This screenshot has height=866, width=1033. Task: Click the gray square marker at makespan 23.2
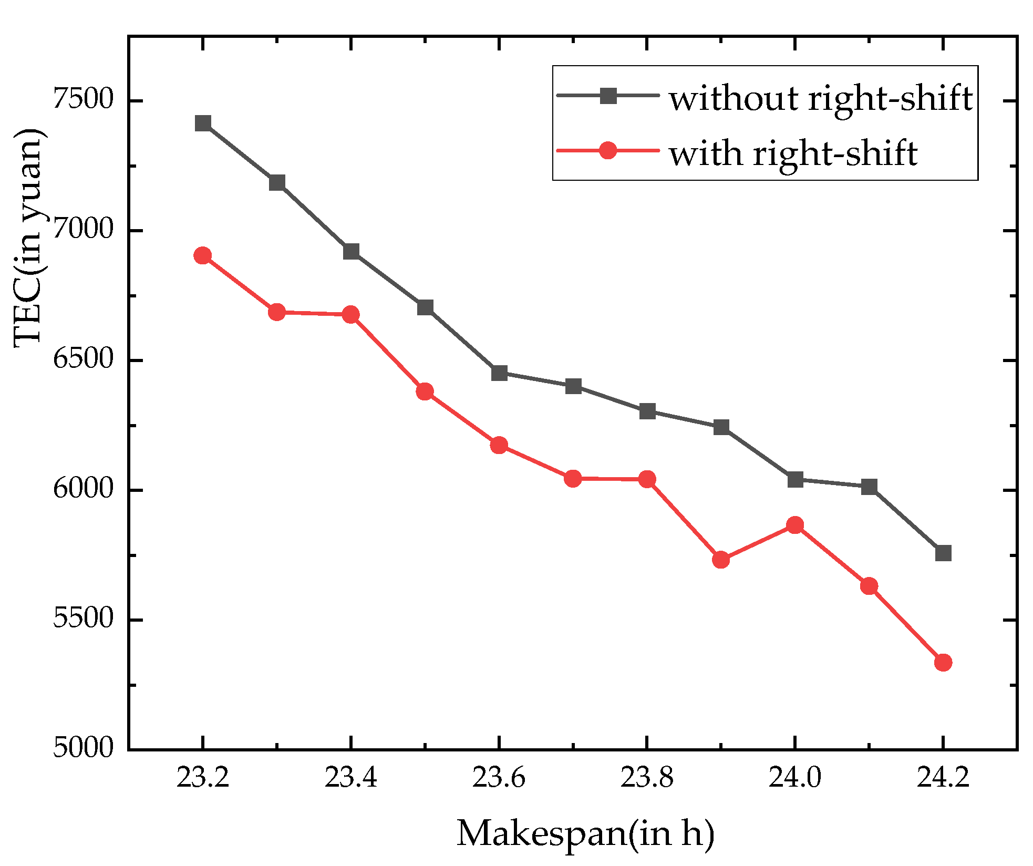pyautogui.click(x=203, y=123)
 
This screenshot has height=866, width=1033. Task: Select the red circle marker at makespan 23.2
pyautogui.click(x=203, y=256)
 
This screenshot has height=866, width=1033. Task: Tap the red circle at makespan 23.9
pyautogui.click(x=721, y=560)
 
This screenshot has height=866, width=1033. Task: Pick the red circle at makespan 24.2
pyautogui.click(x=943, y=662)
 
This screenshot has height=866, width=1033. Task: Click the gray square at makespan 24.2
pyautogui.click(x=943, y=553)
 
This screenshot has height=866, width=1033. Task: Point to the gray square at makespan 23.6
pyautogui.click(x=499, y=373)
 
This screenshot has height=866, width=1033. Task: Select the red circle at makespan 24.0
pyautogui.click(x=795, y=525)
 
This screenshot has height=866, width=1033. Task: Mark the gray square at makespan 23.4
pyautogui.click(x=351, y=252)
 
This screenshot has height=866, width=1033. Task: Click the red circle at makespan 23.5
pyautogui.click(x=425, y=391)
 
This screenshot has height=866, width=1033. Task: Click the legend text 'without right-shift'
pyautogui.click(x=821, y=98)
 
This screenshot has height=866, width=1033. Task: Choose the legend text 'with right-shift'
pyautogui.click(x=793, y=153)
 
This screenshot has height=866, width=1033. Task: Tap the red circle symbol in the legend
pyautogui.click(x=608, y=151)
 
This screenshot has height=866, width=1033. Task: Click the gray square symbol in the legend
pyautogui.click(x=608, y=96)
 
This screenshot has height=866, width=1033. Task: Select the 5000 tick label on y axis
pyautogui.click(x=84, y=747)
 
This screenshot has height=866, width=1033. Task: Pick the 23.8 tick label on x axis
pyautogui.click(x=647, y=777)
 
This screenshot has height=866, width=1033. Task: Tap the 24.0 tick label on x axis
pyautogui.click(x=795, y=777)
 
